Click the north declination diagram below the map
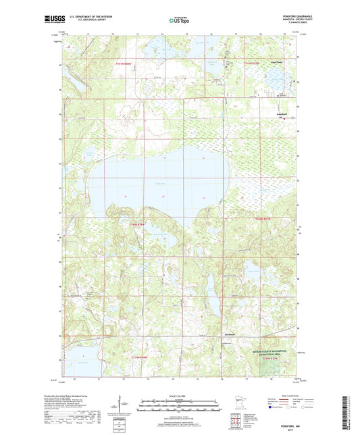123,406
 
